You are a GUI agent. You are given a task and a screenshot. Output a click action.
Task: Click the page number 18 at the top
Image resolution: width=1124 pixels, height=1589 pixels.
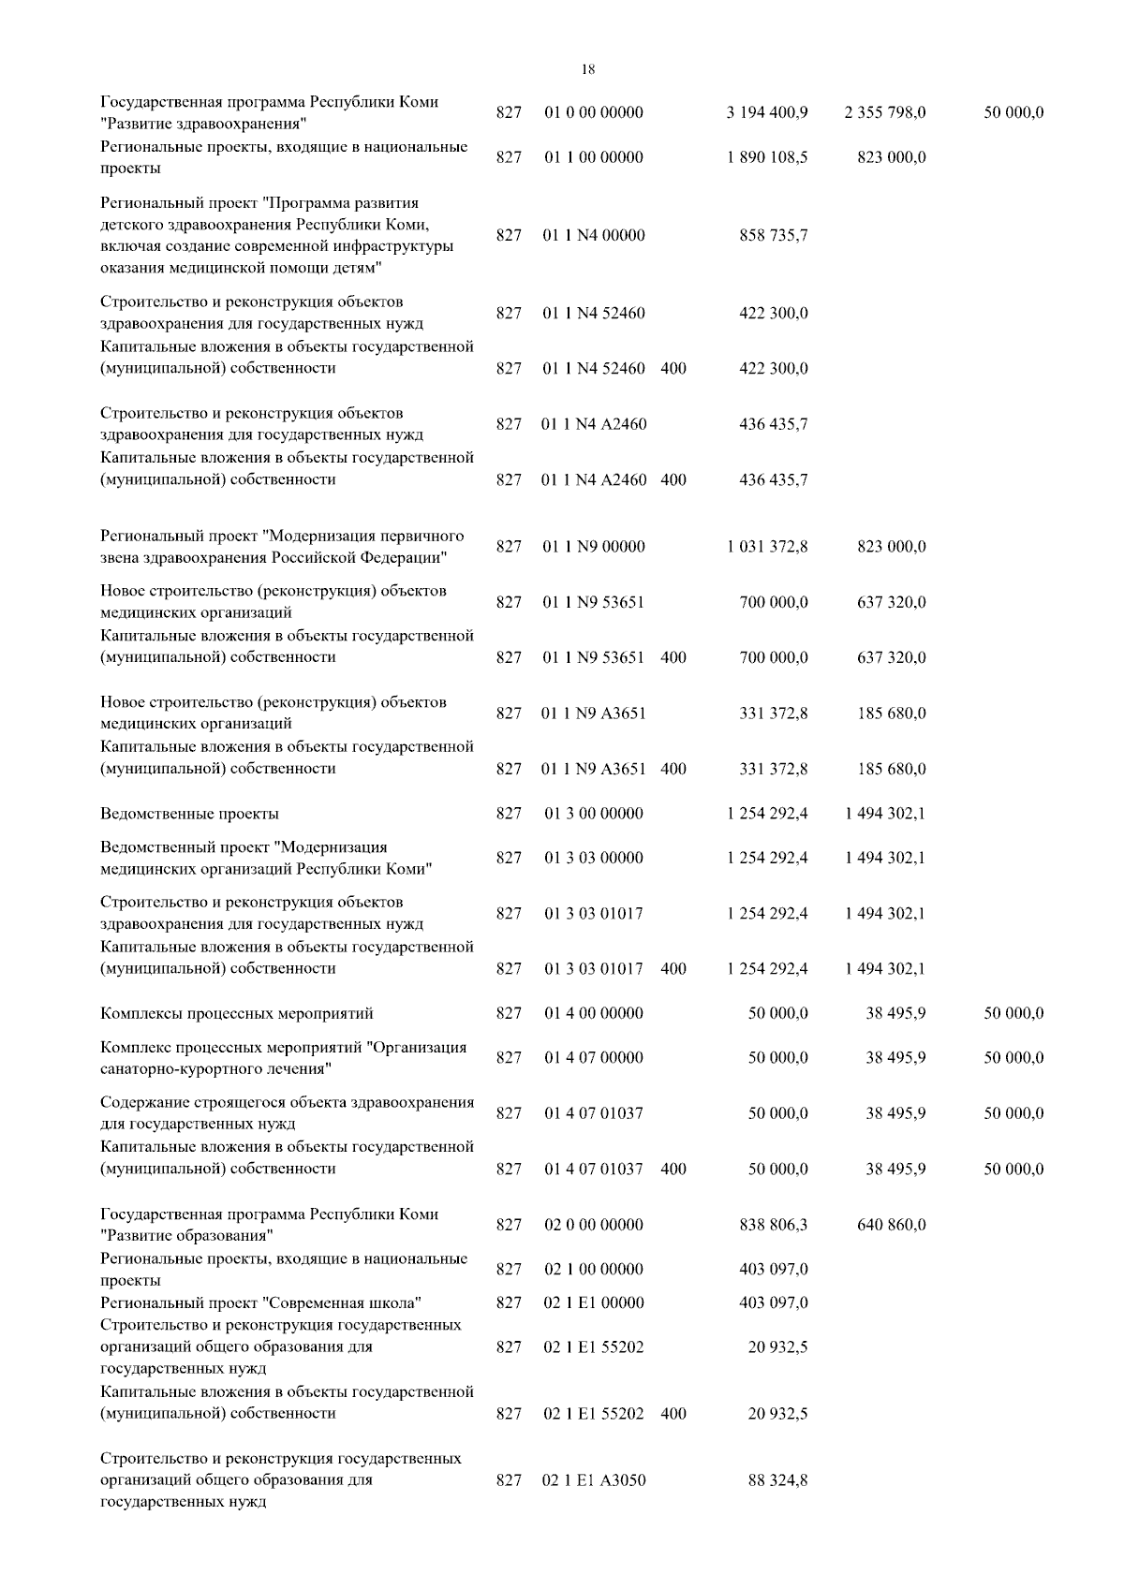(587, 69)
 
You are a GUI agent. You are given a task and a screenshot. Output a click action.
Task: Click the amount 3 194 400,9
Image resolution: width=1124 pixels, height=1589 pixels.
(766, 113)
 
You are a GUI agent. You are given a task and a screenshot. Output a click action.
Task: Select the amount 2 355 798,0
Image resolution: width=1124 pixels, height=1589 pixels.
(884, 113)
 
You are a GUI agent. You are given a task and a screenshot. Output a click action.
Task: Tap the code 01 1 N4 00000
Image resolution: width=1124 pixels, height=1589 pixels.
(594, 236)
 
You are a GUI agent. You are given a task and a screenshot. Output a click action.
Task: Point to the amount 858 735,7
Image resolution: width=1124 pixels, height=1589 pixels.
(774, 236)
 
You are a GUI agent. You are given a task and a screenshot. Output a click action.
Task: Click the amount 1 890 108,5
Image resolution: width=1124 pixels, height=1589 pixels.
(766, 157)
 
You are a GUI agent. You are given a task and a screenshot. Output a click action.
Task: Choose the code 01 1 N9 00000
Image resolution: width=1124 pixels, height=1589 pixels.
(594, 547)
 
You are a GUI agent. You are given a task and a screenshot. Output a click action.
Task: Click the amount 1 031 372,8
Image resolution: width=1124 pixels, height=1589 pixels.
(766, 547)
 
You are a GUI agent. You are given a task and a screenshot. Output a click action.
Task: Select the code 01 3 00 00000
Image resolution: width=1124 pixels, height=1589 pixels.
(594, 814)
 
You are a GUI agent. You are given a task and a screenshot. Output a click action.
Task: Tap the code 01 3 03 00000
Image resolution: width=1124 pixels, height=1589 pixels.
(594, 858)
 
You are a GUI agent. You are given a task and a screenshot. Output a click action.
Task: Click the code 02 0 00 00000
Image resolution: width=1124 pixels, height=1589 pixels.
(594, 1225)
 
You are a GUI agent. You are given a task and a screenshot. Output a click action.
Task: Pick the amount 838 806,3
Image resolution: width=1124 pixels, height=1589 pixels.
(774, 1225)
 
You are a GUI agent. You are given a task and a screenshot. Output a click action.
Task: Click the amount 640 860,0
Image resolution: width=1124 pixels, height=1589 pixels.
(892, 1225)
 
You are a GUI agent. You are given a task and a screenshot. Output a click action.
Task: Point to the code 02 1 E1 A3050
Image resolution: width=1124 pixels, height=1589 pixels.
(594, 1481)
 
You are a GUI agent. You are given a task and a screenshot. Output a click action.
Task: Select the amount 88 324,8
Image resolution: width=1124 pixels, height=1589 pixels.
(777, 1481)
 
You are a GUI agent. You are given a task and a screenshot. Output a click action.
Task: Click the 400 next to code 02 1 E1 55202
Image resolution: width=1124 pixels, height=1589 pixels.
(673, 1414)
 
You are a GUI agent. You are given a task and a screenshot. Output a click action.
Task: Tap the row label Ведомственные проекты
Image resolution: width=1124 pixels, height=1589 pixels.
(189, 814)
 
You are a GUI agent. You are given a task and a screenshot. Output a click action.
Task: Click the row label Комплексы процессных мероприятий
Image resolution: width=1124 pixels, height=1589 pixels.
(237, 1013)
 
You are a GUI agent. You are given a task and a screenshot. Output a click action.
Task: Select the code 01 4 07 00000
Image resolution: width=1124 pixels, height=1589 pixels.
(594, 1058)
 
